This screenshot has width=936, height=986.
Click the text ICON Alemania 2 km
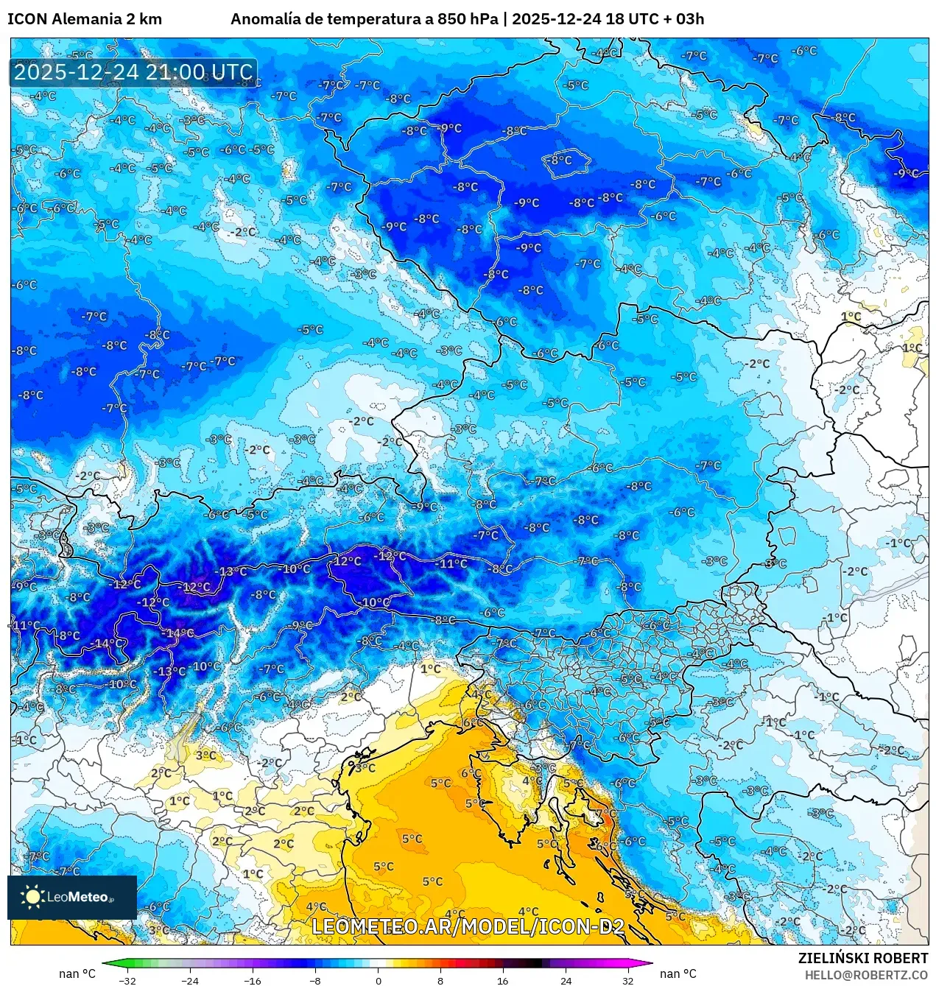coord(85,19)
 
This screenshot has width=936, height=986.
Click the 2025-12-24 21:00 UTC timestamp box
coord(133,72)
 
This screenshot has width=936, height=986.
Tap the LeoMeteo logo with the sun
coord(71,897)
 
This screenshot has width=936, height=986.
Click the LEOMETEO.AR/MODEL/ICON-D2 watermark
coord(468,926)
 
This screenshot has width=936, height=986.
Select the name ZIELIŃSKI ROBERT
coord(862,958)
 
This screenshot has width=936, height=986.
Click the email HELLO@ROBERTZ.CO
coord(866,975)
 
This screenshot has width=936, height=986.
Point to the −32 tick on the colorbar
coord(127,980)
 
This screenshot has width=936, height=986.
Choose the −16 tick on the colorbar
coord(253,980)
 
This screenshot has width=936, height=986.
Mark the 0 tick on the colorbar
coord(378,980)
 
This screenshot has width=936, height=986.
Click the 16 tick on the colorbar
coord(502,980)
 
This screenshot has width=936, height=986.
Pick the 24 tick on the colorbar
coord(566,980)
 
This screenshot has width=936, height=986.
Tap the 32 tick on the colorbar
coord(627,980)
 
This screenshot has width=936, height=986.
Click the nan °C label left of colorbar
coord(77,973)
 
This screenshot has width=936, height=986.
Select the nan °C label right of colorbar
coord(678,973)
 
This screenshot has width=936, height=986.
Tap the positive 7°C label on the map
coord(606,813)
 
